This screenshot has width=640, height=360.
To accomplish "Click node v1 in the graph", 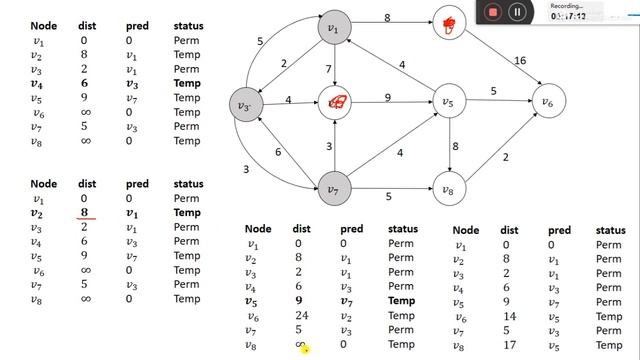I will (333, 27).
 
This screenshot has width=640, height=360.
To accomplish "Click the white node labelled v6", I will (547, 101).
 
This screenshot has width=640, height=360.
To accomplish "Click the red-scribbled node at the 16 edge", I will (448, 25).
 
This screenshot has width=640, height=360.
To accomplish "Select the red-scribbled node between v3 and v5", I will (336, 101).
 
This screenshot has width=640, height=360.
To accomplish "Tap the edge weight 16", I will (519, 61).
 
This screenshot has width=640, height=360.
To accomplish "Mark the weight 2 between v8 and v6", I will (506, 157).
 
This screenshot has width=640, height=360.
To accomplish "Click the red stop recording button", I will (492, 12).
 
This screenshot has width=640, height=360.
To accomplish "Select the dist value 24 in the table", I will (298, 315).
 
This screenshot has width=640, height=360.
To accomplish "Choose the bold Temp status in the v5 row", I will (402, 300).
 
